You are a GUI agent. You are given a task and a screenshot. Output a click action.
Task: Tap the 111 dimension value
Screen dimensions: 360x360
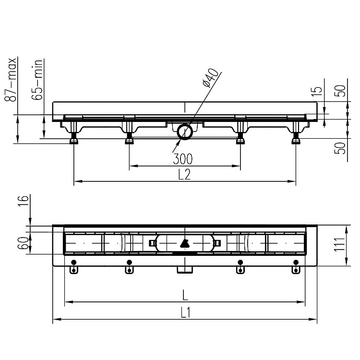click(340, 244)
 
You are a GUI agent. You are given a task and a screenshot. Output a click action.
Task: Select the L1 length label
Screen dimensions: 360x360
click(185, 312)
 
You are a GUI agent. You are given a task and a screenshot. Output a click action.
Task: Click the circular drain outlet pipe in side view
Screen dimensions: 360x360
click(184, 131)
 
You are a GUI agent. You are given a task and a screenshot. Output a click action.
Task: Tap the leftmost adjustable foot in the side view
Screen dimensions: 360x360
click(74, 139)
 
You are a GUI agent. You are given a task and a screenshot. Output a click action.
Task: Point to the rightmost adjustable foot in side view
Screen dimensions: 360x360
click(296, 139)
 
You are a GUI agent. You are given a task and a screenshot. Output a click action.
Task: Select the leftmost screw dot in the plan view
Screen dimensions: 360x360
click(73, 262)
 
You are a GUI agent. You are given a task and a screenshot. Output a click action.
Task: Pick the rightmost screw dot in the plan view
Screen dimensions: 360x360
click(296, 262)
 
